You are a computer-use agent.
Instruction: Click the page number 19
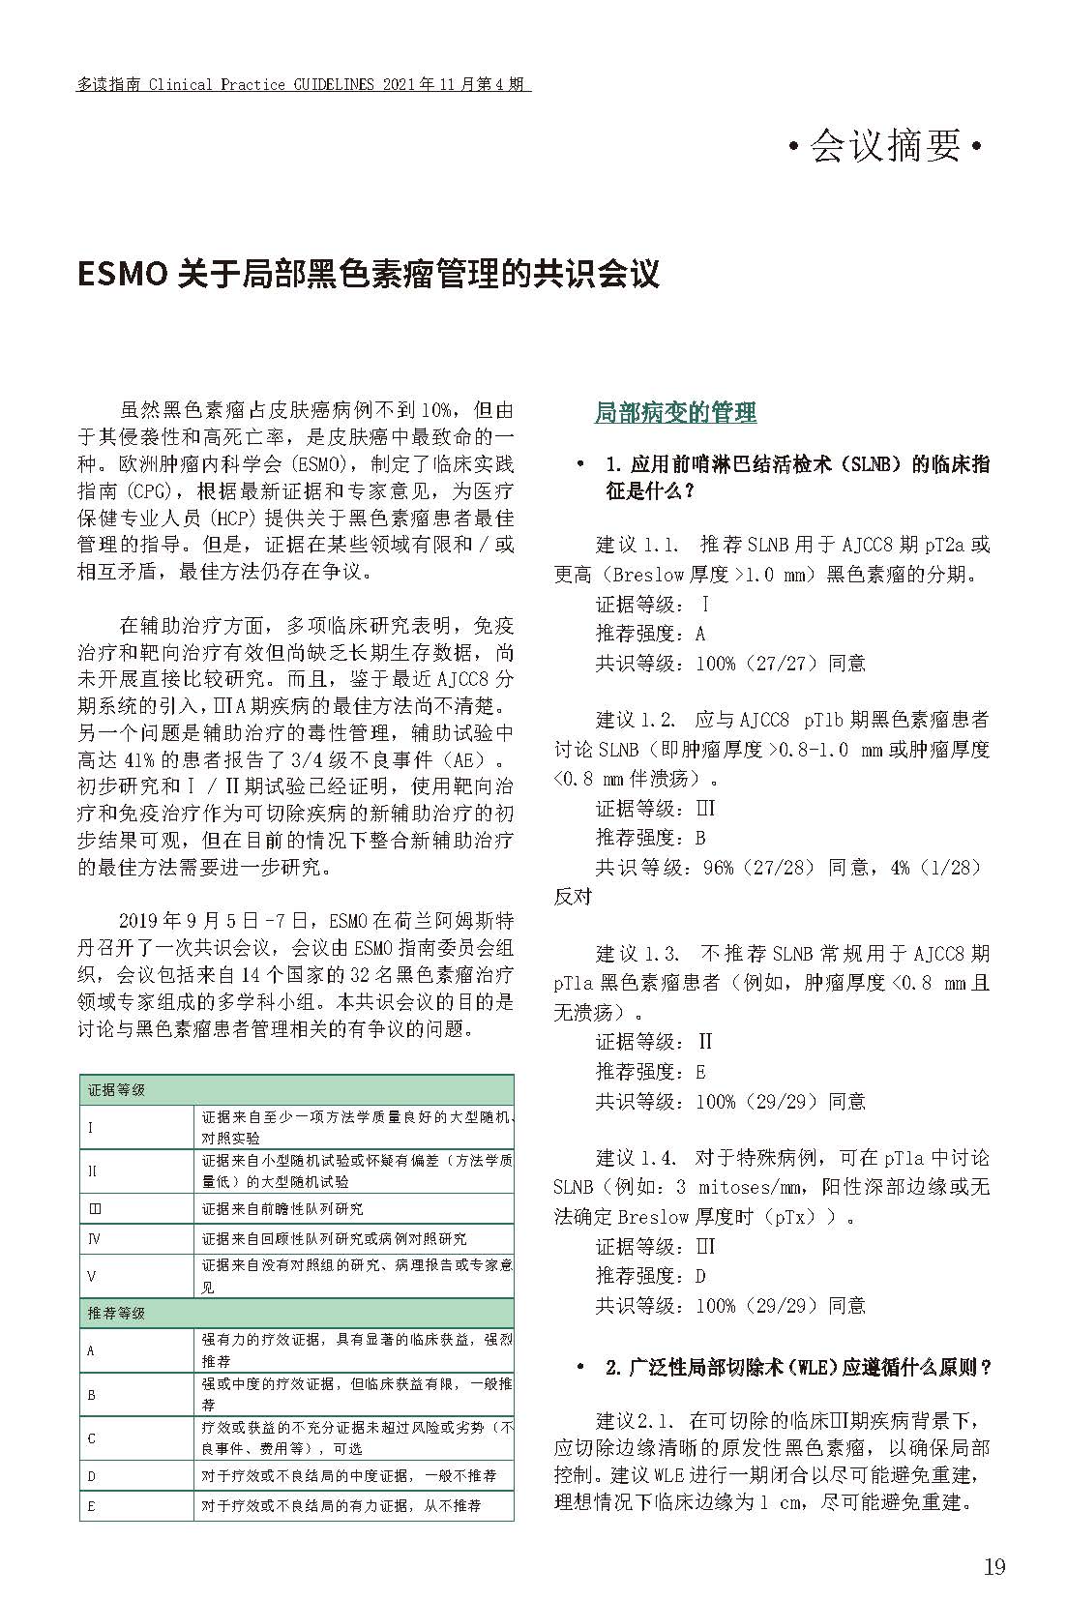point(993,1566)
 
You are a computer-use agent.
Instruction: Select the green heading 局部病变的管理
point(675,413)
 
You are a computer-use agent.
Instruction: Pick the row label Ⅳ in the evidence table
point(94,1238)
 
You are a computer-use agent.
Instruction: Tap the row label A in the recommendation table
point(92,1349)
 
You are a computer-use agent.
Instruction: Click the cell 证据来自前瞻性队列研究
point(282,1208)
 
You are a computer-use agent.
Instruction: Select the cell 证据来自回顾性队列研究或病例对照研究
point(334,1238)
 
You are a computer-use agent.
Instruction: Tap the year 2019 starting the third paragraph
point(141,919)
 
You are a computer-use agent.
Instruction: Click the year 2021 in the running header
point(400,85)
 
